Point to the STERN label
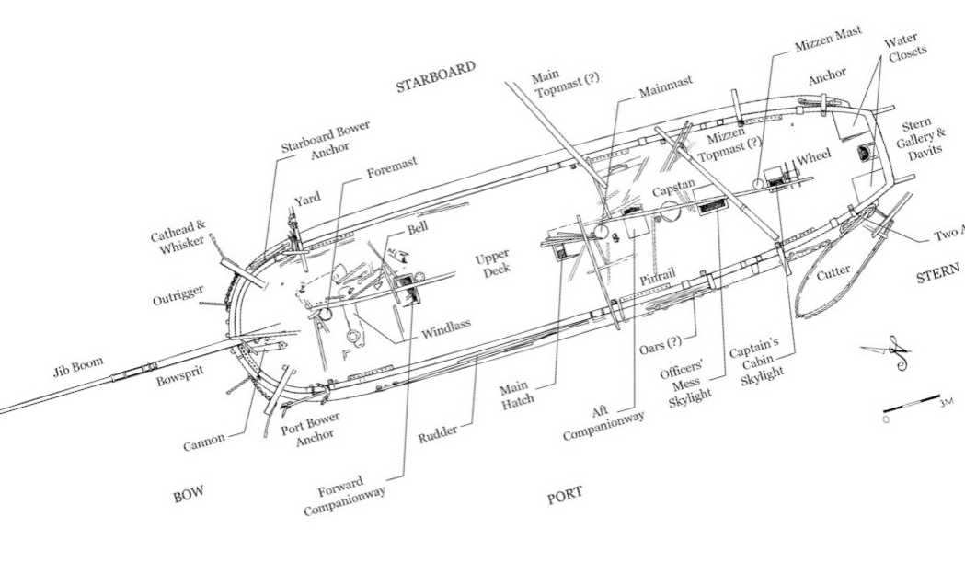click(x=938, y=276)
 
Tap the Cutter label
click(x=833, y=271)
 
